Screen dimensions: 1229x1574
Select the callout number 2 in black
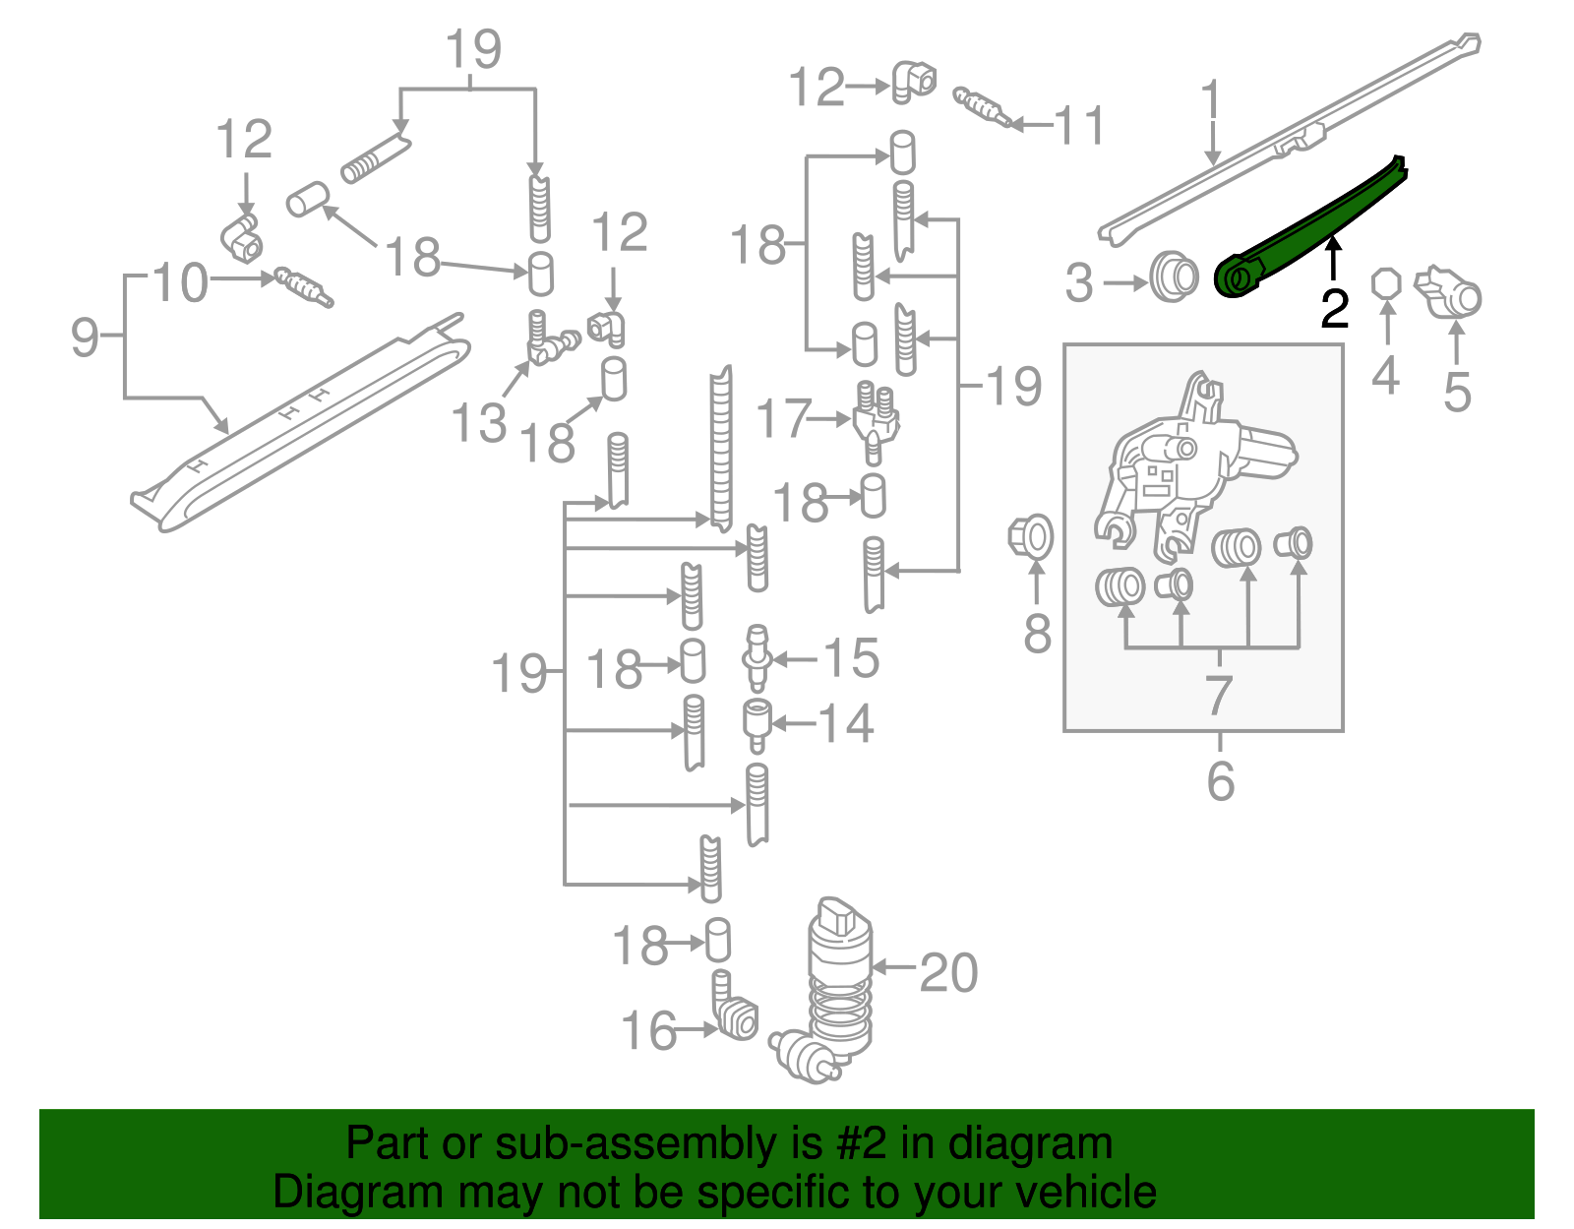click(1334, 309)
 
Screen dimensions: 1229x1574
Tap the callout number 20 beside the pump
click(948, 972)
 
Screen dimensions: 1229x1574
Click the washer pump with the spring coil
click(839, 984)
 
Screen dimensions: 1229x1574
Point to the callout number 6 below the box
click(1220, 781)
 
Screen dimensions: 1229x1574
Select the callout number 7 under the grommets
click(1219, 695)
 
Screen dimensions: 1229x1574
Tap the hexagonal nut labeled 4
click(1385, 283)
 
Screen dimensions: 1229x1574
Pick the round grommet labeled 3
click(1173, 277)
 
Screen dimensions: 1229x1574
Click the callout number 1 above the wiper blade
click(1211, 102)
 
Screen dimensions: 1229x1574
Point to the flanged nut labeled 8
click(1030, 535)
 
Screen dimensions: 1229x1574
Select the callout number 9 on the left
click(85, 337)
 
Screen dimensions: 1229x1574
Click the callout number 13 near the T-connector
click(478, 423)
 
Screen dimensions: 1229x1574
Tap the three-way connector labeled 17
click(874, 421)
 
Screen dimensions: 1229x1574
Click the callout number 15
click(851, 657)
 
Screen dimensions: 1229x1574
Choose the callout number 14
click(846, 724)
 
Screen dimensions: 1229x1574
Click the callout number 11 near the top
click(1079, 126)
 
